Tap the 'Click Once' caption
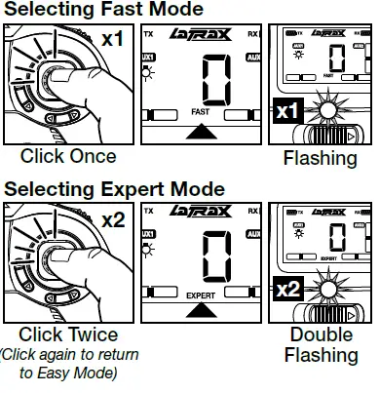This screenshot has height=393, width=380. [68, 157]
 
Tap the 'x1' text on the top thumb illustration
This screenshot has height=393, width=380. [112, 42]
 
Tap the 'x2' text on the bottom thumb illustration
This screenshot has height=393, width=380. [112, 220]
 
